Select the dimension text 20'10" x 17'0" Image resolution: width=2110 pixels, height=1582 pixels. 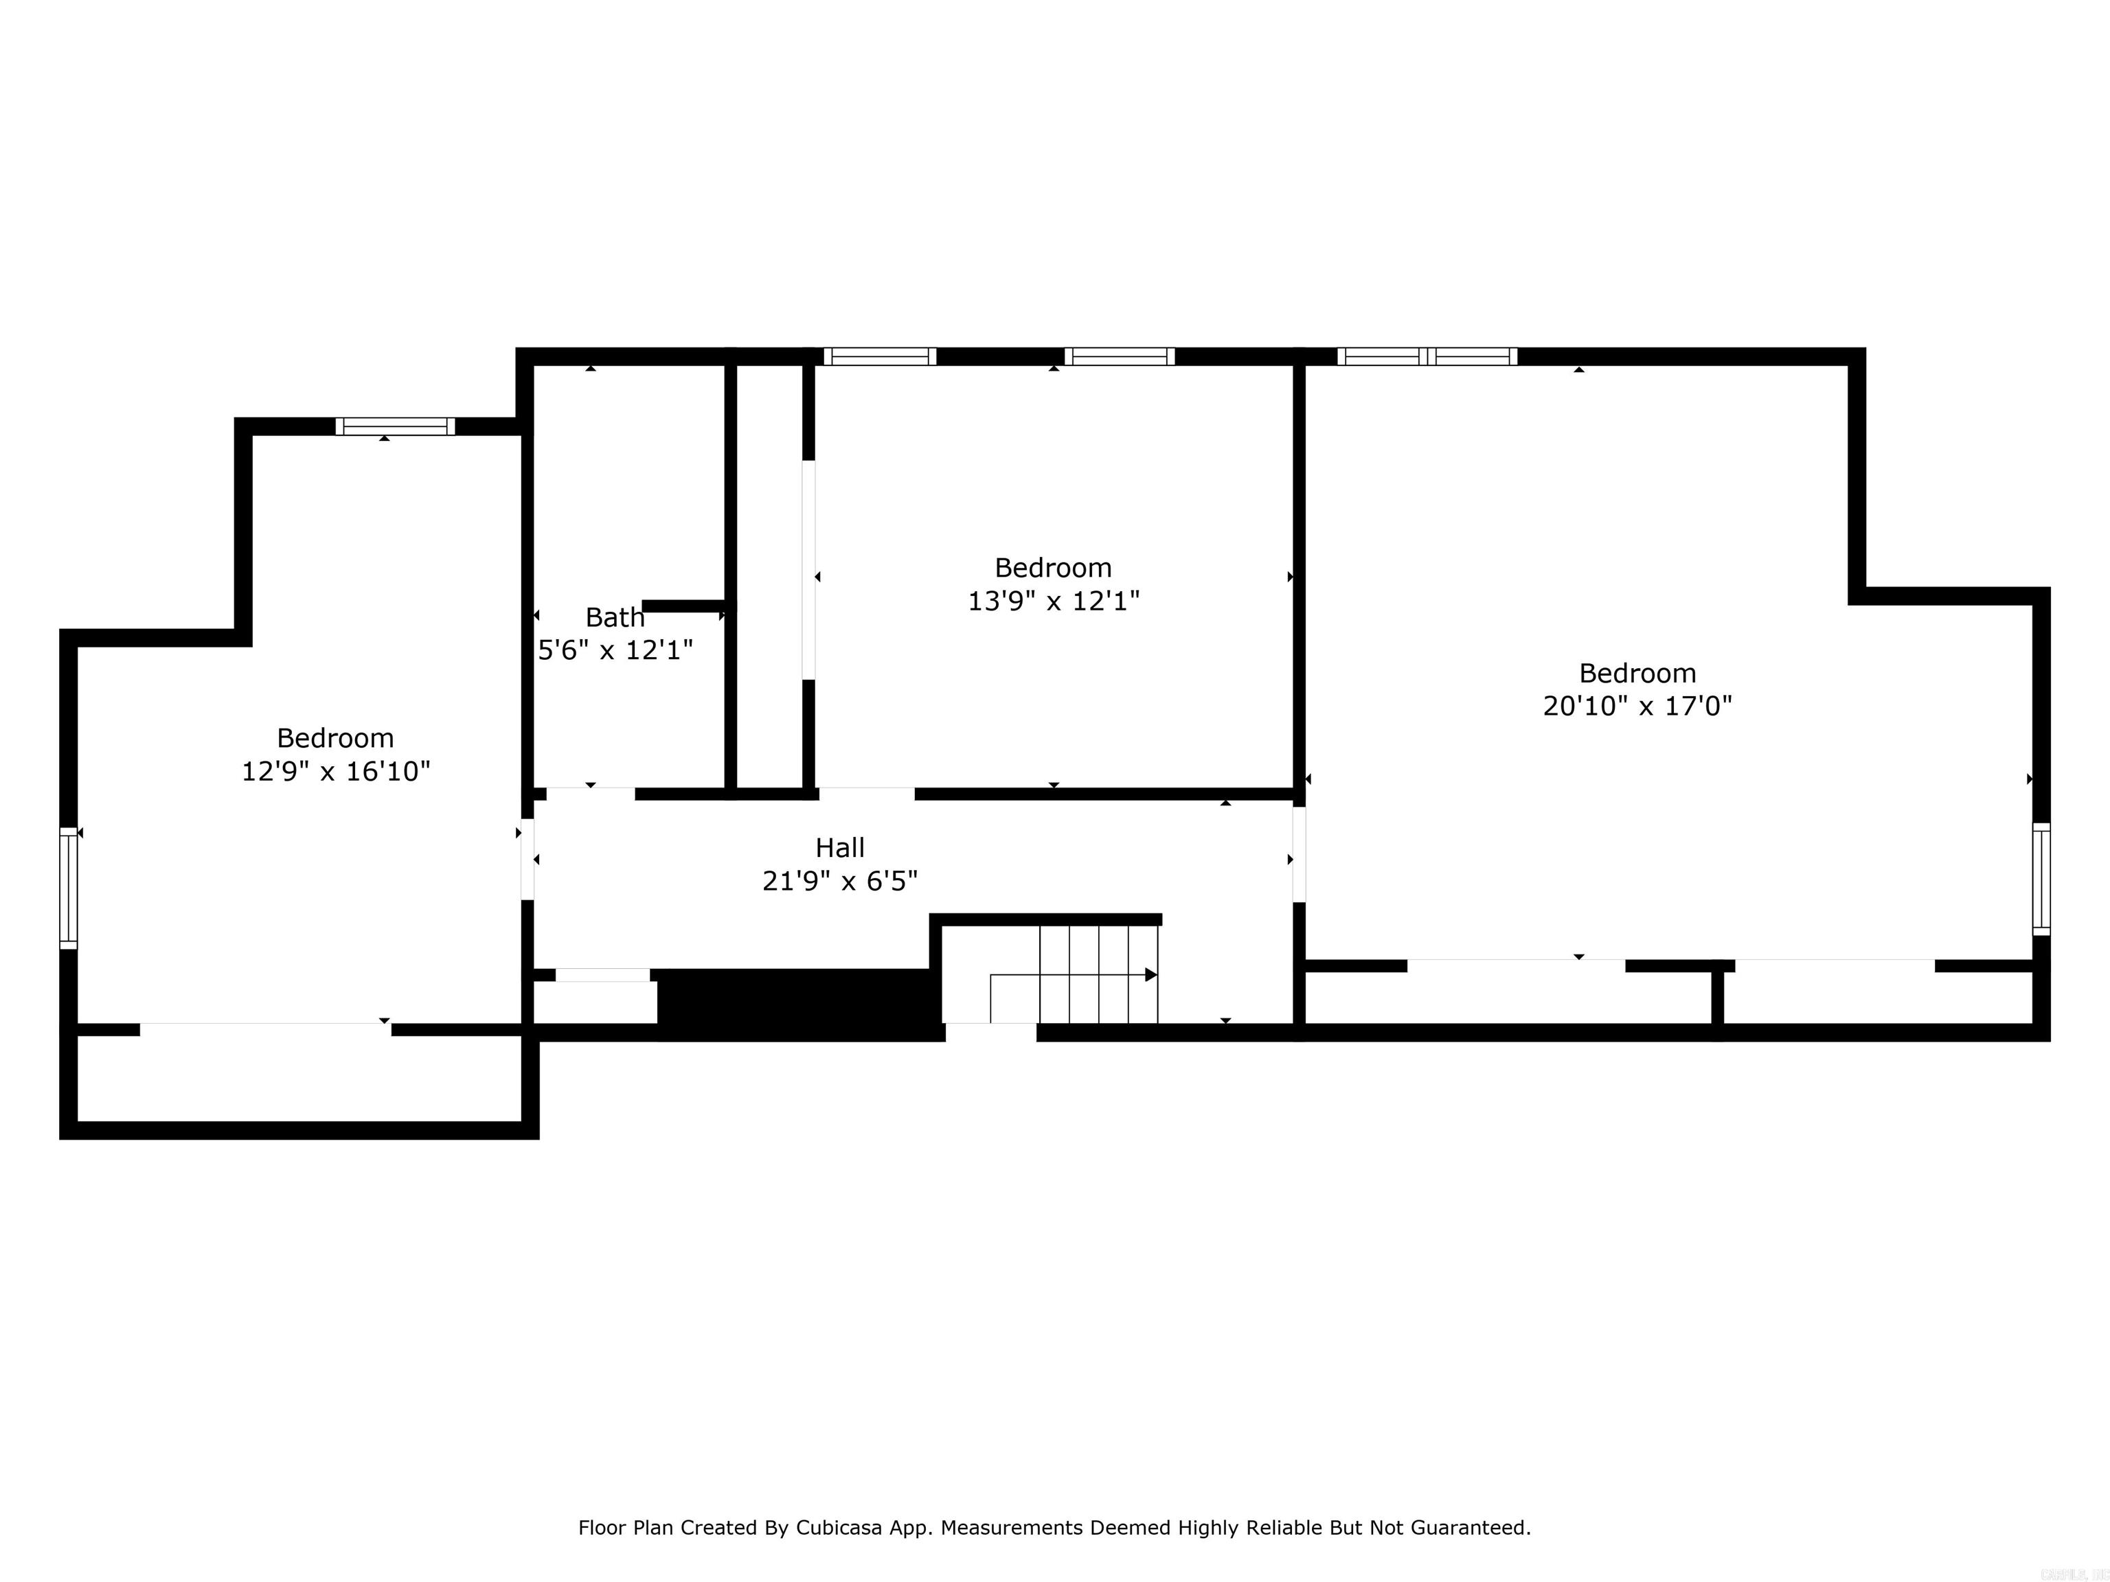(1637, 707)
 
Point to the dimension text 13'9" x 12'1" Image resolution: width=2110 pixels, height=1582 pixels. (1053, 601)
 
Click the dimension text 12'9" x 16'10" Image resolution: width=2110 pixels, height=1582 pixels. (336, 772)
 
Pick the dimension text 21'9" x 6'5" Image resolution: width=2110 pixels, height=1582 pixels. (839, 881)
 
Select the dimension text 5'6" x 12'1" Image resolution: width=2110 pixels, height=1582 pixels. (615, 650)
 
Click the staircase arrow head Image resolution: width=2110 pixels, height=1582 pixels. (1150, 974)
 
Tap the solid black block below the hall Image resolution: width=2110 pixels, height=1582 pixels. (797, 1004)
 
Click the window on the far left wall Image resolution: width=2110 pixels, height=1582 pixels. (69, 888)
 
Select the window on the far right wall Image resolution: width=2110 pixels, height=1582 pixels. (2041, 878)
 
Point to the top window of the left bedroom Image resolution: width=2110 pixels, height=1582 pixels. (395, 426)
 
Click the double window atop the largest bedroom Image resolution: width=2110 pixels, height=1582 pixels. (1427, 356)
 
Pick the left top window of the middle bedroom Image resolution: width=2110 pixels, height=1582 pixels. (879, 356)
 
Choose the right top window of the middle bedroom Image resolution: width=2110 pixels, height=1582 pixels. (1119, 356)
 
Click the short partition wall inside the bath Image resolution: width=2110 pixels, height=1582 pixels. (683, 606)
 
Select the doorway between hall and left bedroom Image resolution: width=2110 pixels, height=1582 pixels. (527, 858)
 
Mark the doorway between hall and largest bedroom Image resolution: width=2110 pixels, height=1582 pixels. (1298, 854)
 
